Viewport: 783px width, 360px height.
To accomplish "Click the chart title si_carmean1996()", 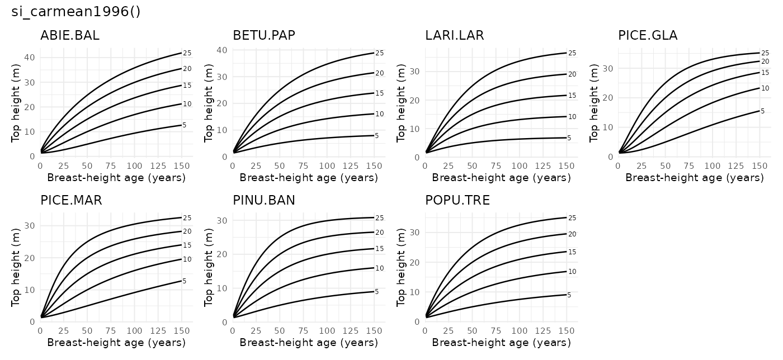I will click(76, 12).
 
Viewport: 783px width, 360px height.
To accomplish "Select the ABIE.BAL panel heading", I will click(70, 36).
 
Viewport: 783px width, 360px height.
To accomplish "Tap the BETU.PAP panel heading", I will click(264, 36).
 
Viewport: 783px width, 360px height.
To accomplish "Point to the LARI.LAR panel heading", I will click(455, 36).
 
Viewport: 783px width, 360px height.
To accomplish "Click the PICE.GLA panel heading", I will click(648, 36).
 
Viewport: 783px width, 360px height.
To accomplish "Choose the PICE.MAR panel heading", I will click(71, 200).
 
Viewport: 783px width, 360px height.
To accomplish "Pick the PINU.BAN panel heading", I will click(264, 200).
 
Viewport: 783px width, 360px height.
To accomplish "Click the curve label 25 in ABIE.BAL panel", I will click(187, 53).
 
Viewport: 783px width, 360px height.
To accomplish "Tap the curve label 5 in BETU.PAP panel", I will click(377, 136).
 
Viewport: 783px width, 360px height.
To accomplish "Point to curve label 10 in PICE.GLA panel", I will click(765, 88).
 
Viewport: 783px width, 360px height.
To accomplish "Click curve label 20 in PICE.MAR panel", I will click(187, 231).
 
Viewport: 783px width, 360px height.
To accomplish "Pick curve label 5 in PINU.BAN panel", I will click(377, 292).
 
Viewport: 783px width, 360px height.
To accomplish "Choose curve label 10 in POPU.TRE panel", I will click(572, 272).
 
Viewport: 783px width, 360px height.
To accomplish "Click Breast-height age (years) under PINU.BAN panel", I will click(309, 343).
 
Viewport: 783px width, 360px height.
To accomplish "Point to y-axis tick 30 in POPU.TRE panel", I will click(414, 233).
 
